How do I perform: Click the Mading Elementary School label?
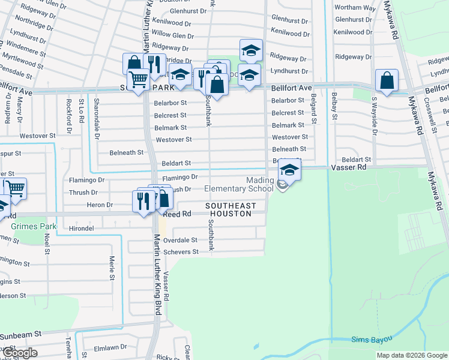[x=239, y=184]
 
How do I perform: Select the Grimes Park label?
[x=33, y=227]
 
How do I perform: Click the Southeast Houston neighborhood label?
[x=231, y=209]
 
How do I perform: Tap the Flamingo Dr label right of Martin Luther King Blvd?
[x=179, y=178]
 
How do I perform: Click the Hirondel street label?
[x=82, y=229]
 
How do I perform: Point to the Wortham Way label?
[x=355, y=8]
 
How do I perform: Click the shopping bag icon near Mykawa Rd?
[x=387, y=80]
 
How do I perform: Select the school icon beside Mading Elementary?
[x=289, y=171]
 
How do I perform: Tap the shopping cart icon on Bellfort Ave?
[x=138, y=79]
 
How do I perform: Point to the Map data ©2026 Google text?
[x=411, y=355]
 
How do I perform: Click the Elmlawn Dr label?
[x=111, y=347]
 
